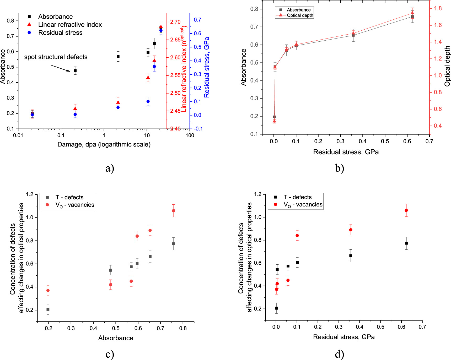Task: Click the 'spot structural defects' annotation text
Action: [x=56, y=57]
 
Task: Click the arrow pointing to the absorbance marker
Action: [x=61, y=68]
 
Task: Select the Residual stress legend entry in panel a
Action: [x=60, y=33]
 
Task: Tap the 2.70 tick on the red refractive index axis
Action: [x=175, y=22]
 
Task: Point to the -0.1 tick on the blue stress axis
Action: [x=198, y=129]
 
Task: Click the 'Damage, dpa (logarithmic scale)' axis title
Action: [x=104, y=144]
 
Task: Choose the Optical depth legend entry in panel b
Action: [x=300, y=15]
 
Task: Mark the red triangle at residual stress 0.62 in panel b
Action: [x=412, y=13]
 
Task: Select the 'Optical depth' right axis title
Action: [x=447, y=66]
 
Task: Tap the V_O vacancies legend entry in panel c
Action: [x=74, y=205]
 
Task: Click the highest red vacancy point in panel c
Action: [x=173, y=211]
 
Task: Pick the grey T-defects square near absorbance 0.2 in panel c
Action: [x=48, y=309]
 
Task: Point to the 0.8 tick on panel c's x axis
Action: [x=183, y=328]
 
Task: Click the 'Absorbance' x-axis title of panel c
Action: [x=116, y=338]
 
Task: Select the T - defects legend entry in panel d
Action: [x=298, y=197]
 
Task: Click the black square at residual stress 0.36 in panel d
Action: [x=351, y=256]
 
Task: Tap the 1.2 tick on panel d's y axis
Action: [x=258, y=194]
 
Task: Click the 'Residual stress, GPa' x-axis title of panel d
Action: [x=344, y=337]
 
